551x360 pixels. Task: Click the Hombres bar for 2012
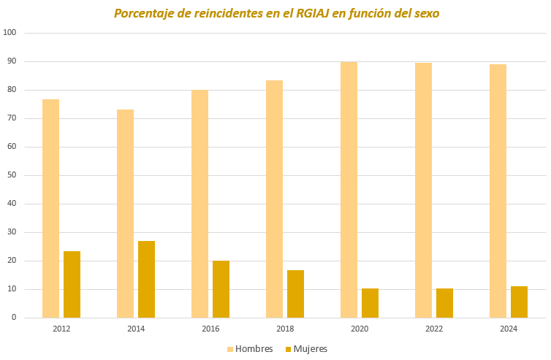point(50,208)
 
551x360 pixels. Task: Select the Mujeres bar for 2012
point(72,284)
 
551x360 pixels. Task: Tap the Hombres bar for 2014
point(125,213)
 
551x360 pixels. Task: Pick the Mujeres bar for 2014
point(146,279)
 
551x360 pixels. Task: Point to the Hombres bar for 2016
point(199,204)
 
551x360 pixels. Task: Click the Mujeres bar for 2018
point(295,294)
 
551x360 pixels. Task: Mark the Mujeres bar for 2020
point(370,303)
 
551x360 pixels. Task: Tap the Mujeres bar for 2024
point(519,302)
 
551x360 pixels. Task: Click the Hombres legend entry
point(249,348)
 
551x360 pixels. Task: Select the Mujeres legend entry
point(306,348)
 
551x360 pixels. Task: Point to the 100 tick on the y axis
point(10,33)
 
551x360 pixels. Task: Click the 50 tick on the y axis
point(12,175)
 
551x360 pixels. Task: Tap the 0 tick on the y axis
point(14,318)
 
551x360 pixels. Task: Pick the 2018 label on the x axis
point(285,329)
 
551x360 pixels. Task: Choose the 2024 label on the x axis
point(509,329)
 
